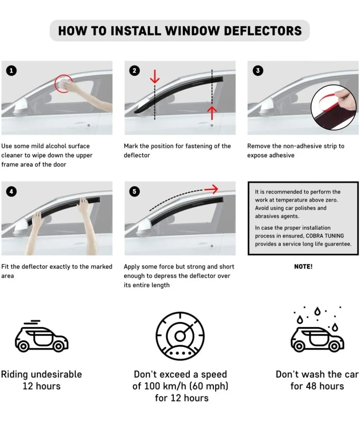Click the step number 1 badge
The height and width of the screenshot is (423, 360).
point(11,70)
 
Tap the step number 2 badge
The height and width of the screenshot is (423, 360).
point(134,70)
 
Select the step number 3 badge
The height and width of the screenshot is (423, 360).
point(258,70)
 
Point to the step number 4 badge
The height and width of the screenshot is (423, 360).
point(11,191)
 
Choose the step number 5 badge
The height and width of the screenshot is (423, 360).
point(134,191)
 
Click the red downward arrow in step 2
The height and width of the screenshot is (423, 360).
point(155,76)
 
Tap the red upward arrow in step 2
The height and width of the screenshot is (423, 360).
point(212,113)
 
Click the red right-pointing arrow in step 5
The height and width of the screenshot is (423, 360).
point(211,189)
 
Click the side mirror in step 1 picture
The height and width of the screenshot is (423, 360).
point(21,106)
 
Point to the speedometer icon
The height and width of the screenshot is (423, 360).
point(180,336)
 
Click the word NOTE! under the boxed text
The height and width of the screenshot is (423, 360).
point(303,266)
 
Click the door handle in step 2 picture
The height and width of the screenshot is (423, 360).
point(212,125)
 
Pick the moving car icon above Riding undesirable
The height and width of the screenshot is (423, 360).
point(42,336)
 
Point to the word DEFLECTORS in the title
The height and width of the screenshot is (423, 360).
point(263,31)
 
